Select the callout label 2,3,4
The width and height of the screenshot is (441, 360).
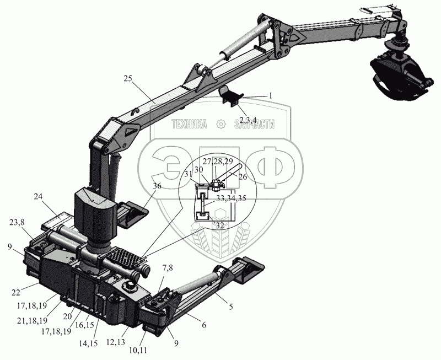(x=246, y=120)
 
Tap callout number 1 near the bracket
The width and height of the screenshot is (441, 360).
(x=271, y=95)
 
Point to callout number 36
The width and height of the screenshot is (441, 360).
(x=157, y=186)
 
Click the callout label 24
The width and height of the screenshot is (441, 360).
(x=38, y=196)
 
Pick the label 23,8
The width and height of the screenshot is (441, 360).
(x=17, y=223)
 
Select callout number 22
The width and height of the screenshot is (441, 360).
(x=16, y=293)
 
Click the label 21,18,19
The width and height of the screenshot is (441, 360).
(x=32, y=321)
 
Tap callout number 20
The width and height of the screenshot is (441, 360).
(x=67, y=316)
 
